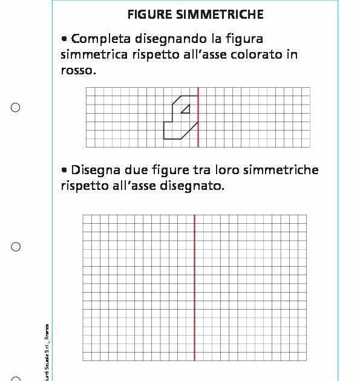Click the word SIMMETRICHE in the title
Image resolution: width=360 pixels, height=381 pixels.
coord(216,14)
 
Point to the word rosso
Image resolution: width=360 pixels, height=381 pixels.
coord(78,70)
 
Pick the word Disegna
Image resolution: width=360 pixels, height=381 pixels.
coord(95,170)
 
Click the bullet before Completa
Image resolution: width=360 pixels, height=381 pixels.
coord(64,39)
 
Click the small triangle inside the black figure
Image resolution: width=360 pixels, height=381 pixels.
coord(186,109)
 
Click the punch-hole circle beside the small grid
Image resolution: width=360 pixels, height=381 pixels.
coord(16,108)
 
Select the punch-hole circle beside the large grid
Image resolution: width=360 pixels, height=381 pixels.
coord(16,247)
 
